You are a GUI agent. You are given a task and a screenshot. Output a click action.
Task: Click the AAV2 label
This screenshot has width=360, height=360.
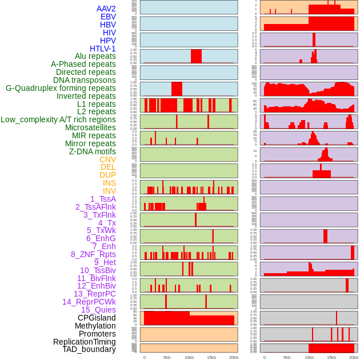pyautogui.click(x=106, y=9)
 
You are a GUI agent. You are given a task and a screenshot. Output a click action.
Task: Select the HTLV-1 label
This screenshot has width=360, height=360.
pyautogui.click(x=103, y=49)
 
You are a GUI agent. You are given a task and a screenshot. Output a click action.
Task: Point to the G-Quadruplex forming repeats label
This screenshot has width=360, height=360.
pyautogui.click(x=61, y=88)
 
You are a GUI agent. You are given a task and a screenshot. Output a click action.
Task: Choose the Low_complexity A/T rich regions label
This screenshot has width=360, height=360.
pyautogui.click(x=58, y=119)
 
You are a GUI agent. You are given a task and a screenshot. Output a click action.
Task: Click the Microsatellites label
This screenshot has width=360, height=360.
pyautogui.click(x=90, y=127)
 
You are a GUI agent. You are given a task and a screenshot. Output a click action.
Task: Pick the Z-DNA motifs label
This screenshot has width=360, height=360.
pyautogui.click(x=93, y=151)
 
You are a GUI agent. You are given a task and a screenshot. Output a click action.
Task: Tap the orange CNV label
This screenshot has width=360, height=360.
pyautogui.click(x=107, y=159)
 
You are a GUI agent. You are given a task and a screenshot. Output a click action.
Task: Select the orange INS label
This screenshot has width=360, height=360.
pyautogui.click(x=109, y=183)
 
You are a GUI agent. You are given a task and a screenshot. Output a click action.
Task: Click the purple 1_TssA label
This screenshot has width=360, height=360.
pyautogui.click(x=103, y=199)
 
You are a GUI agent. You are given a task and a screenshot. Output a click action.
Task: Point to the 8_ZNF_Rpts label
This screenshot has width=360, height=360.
pyautogui.click(x=93, y=254)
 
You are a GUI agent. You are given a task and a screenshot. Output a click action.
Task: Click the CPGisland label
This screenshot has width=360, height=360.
pyautogui.click(x=97, y=318)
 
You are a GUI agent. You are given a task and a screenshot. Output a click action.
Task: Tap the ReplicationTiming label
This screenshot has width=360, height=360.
pyautogui.click(x=85, y=342)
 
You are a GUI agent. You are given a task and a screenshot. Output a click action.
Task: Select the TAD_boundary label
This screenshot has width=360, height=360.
pyautogui.click(x=89, y=349)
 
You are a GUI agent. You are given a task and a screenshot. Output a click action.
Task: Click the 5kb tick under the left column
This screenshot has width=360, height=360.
pyautogui.click(x=167, y=357)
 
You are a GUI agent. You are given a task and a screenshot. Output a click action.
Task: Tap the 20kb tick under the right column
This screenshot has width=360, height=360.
pyautogui.click(x=354, y=357)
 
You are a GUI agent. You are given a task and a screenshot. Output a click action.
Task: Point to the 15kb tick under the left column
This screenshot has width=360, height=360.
pyautogui.click(x=211, y=357)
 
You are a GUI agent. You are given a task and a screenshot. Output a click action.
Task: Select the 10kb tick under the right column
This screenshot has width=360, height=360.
pyautogui.click(x=309, y=357)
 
